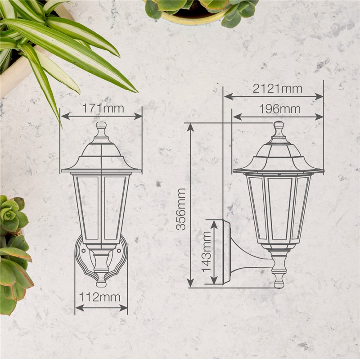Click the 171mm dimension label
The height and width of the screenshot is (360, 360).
click(x=103, y=108)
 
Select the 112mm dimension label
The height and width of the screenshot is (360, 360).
click(x=100, y=297)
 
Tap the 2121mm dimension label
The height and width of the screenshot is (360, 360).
click(x=277, y=89)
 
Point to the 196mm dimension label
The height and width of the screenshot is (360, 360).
click(x=279, y=109)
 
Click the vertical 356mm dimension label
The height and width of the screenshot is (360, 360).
click(x=181, y=209)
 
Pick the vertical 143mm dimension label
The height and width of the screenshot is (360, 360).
click(x=207, y=252)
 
